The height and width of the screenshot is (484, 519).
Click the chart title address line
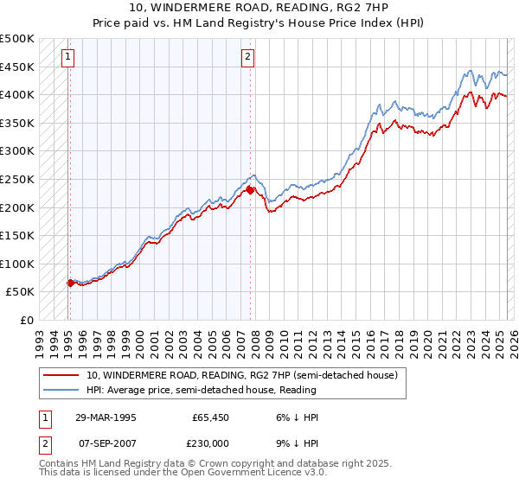click(x=259, y=8)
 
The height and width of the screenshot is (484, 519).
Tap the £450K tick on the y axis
click(x=17, y=67)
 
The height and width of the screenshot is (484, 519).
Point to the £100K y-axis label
click(x=17, y=264)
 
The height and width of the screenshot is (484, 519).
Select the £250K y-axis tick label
click(x=17, y=179)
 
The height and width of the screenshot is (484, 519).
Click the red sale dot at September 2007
click(x=249, y=190)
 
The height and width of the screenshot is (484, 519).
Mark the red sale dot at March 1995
click(x=69, y=283)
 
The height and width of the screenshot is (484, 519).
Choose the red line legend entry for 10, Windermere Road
click(x=241, y=375)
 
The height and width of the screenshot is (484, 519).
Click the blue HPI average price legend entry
click(x=217, y=391)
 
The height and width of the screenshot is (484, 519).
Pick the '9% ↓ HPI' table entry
click(x=297, y=443)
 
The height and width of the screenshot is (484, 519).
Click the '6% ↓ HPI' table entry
click(x=297, y=417)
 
